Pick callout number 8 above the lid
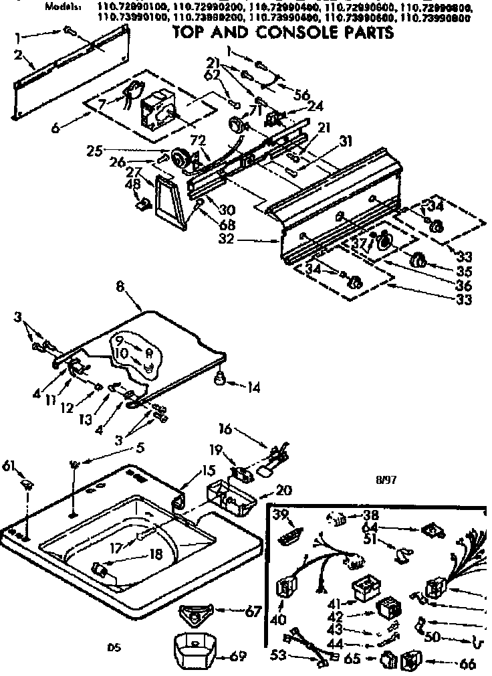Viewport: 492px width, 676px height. tap(120, 287)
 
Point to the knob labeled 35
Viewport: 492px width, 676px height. tap(418, 260)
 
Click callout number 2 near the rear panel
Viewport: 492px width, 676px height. tap(19, 54)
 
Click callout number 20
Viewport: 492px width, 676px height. tap(284, 491)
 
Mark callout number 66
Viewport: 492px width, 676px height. tap(467, 664)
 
